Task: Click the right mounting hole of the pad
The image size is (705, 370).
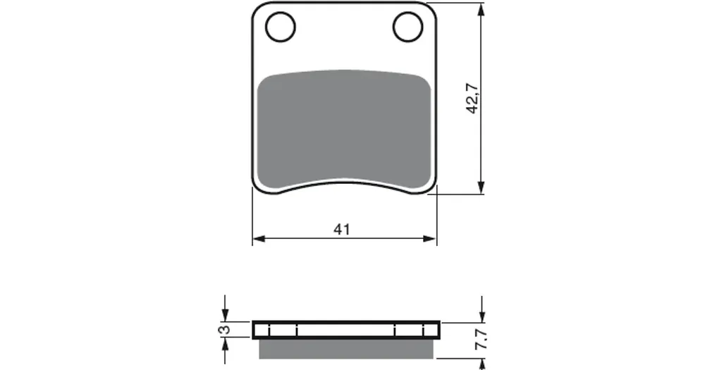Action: tap(407, 27)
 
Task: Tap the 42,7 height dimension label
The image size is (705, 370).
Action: tap(472, 99)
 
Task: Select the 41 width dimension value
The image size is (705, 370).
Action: tap(342, 229)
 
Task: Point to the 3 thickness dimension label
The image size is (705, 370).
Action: tap(224, 330)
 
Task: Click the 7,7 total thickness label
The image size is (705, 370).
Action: tap(481, 340)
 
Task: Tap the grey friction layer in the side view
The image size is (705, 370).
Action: tap(346, 349)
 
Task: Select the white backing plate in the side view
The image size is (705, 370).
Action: tap(346, 330)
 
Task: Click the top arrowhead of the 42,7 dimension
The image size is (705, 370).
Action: tap(482, 10)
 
